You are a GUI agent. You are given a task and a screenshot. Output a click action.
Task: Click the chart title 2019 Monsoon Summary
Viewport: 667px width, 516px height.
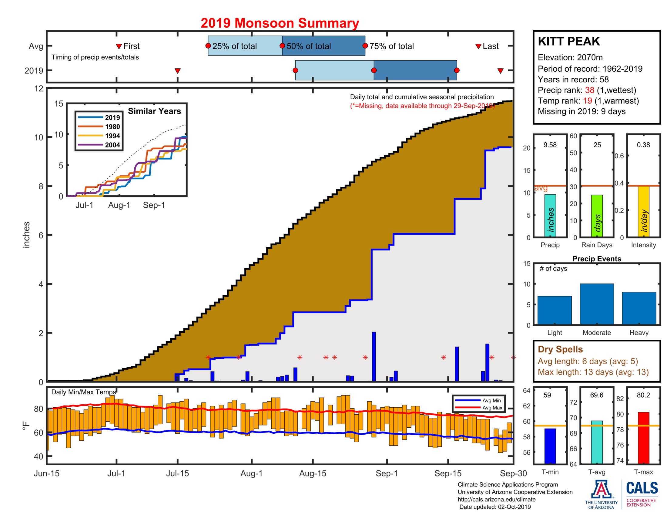pos(280,23)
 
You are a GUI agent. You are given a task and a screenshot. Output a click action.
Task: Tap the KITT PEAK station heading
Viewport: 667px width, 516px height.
pos(569,41)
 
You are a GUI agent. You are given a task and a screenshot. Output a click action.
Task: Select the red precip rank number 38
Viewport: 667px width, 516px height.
pos(589,90)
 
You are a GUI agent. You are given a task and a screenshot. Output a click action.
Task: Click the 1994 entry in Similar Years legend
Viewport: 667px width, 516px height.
pos(112,136)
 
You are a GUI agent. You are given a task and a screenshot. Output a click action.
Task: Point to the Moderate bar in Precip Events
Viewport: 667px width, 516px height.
pos(596,304)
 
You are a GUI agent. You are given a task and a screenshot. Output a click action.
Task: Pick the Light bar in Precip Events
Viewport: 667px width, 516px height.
pos(554,310)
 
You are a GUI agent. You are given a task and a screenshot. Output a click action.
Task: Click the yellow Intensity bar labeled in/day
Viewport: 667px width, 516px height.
pos(643,211)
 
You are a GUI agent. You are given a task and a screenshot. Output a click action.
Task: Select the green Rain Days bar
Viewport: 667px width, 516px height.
pos(597,216)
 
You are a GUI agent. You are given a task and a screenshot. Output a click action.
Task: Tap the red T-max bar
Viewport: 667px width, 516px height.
pos(643,437)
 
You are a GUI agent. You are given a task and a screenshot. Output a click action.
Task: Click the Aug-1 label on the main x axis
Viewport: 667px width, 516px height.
pos(251,473)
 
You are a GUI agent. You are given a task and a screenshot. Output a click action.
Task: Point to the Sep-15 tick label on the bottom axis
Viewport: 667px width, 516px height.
pos(448,473)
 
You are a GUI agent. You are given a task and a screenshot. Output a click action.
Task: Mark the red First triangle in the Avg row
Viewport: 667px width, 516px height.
pos(119,46)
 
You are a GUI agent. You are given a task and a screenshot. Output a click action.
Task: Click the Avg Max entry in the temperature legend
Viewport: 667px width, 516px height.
pos(492,407)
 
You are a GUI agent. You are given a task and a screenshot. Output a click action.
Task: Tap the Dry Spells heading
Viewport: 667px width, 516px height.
pos(560,349)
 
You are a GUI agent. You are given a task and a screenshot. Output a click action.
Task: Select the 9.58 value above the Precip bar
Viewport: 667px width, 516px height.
pos(550,145)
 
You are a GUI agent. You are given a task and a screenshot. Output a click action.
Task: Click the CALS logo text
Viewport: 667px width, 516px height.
pos(642,488)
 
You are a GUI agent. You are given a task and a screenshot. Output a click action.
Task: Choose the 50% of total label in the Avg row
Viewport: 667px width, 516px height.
pos(308,46)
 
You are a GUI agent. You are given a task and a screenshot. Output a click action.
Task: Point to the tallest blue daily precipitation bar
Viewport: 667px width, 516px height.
pos(374,356)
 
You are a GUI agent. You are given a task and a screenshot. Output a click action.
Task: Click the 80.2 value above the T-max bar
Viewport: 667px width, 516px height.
pos(643,395)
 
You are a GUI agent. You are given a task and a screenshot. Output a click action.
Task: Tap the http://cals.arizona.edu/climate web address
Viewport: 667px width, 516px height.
pos(496,499)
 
